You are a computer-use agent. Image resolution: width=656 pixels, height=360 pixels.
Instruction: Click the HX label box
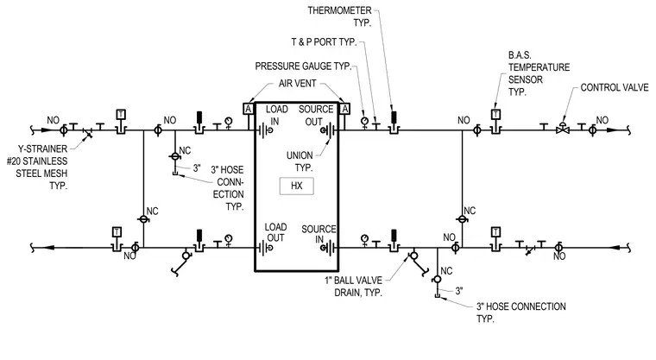pyautogui.click(x=297, y=186)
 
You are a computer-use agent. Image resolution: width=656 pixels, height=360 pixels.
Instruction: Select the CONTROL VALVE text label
pyautogui.click(x=615, y=87)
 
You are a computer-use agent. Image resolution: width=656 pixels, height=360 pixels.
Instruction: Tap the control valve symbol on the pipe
pyautogui.click(x=563, y=129)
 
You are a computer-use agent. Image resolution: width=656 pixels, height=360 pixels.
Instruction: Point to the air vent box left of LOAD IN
pyautogui.click(x=248, y=109)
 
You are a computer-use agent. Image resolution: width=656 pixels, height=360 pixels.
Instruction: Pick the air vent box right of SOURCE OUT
pyautogui.click(x=344, y=109)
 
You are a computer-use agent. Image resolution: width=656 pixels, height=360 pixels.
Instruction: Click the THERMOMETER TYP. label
pyautogui.click(x=340, y=16)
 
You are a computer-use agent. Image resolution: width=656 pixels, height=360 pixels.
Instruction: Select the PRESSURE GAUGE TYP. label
pyautogui.click(x=303, y=66)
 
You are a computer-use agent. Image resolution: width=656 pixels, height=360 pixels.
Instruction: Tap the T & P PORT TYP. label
pyautogui.click(x=324, y=41)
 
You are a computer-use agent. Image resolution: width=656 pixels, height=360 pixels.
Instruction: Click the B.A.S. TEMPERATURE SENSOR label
pyautogui.click(x=539, y=73)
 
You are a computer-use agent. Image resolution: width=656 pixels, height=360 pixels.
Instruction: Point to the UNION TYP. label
pyautogui.click(x=300, y=161)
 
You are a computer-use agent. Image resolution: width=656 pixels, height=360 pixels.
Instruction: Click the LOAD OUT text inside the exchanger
pyautogui.click(x=275, y=232)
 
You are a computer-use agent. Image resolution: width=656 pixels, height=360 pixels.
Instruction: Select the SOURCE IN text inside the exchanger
pyautogui.click(x=319, y=234)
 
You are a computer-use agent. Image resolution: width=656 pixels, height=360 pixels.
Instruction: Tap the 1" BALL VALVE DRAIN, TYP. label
pyautogui.click(x=354, y=287)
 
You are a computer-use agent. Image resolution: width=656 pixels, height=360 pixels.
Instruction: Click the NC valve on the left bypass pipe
pyautogui.click(x=143, y=219)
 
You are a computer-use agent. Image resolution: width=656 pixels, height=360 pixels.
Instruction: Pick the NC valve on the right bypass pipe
pyautogui.click(x=463, y=219)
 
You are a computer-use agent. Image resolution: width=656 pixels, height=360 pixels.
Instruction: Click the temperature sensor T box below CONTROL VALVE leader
pyautogui.click(x=495, y=114)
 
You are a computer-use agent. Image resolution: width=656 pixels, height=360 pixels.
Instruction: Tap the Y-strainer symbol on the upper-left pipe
pyautogui.click(x=87, y=132)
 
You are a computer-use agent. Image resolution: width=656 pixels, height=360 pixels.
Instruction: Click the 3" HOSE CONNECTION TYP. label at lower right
pyautogui.click(x=520, y=313)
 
